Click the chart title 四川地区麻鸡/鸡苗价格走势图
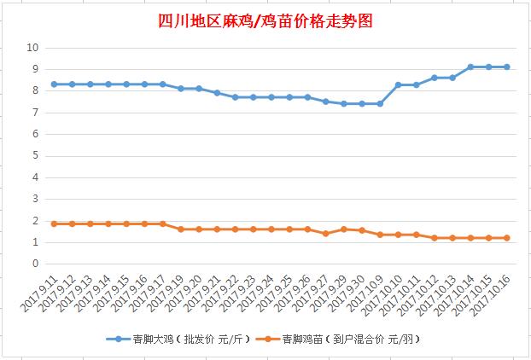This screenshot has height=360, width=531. click(x=265, y=21)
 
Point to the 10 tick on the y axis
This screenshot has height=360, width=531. click(x=32, y=48)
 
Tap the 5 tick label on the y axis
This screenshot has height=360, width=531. click(x=36, y=155)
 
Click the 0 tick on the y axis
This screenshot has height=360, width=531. click(x=36, y=264)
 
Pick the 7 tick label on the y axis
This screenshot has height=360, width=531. click(x=36, y=113)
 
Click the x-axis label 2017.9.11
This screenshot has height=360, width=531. click(x=39, y=293)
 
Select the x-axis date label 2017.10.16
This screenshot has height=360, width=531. click(x=491, y=294)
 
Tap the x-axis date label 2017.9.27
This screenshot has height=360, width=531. click(x=310, y=293)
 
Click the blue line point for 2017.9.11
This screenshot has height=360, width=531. click(x=54, y=84)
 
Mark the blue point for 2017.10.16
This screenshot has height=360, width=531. click(x=506, y=67)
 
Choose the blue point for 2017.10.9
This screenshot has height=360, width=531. click(x=380, y=103)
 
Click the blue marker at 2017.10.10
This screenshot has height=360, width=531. click(x=398, y=85)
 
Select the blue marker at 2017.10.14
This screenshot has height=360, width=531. click(x=470, y=67)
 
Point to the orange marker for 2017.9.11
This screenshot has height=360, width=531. click(x=54, y=224)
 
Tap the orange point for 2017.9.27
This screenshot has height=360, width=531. click(x=326, y=234)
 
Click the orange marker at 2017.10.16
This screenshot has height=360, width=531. click(x=506, y=238)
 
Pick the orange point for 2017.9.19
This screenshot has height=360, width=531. click(x=181, y=229)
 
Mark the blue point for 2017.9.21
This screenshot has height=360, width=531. click(x=217, y=93)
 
